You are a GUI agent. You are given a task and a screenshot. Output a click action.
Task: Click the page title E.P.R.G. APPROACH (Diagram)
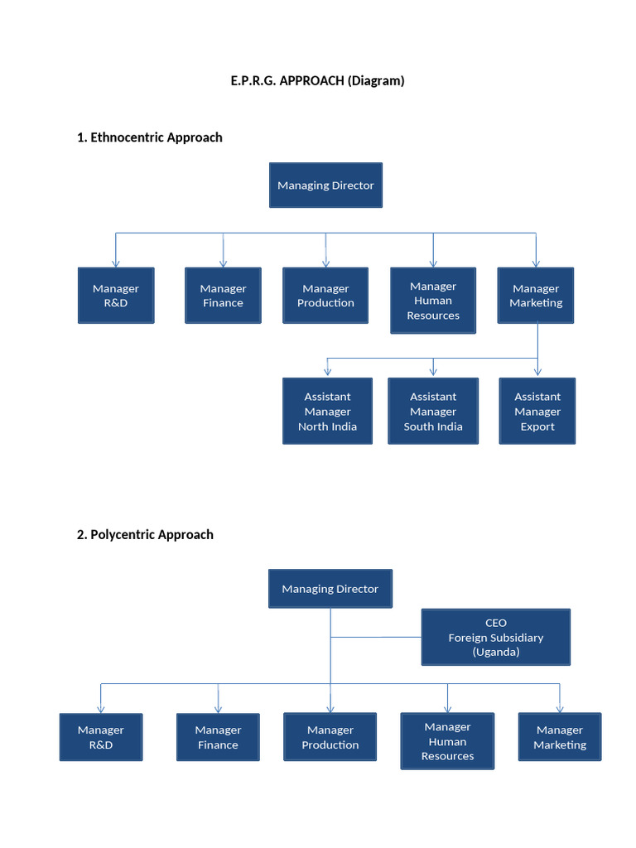(x=317, y=81)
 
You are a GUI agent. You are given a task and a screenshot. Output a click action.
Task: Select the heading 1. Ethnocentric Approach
(x=149, y=137)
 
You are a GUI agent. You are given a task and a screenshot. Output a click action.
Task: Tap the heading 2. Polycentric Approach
(x=145, y=535)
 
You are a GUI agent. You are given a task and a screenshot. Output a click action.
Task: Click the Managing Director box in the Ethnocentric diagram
(x=325, y=185)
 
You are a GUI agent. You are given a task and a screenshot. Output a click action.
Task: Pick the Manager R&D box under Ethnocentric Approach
(x=116, y=296)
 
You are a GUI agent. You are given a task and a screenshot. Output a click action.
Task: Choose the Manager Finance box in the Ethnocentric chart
(x=223, y=296)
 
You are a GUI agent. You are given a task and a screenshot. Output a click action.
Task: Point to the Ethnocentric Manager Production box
(x=325, y=296)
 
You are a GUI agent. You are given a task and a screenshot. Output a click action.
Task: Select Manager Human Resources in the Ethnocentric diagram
(x=433, y=301)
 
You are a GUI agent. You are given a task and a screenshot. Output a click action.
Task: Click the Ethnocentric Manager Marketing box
(x=536, y=296)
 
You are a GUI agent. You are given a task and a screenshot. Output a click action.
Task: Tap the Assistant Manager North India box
(x=327, y=412)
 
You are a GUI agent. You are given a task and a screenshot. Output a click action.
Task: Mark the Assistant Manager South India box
(x=433, y=412)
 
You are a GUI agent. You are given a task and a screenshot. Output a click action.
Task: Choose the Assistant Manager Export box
(x=537, y=412)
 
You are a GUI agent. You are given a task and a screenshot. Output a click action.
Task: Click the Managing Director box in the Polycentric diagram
(x=330, y=589)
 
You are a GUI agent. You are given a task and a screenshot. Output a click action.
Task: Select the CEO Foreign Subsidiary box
(x=496, y=637)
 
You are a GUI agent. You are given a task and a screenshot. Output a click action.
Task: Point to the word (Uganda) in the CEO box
(x=496, y=653)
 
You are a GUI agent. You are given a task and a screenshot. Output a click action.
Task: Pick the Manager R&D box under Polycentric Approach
(x=101, y=737)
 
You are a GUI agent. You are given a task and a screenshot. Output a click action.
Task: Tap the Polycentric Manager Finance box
(x=218, y=737)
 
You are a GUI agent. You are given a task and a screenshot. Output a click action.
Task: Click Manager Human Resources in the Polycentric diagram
(x=447, y=741)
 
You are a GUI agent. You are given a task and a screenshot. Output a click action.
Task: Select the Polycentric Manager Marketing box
(x=560, y=737)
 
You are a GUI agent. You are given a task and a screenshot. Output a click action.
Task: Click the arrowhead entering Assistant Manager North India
(x=327, y=372)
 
